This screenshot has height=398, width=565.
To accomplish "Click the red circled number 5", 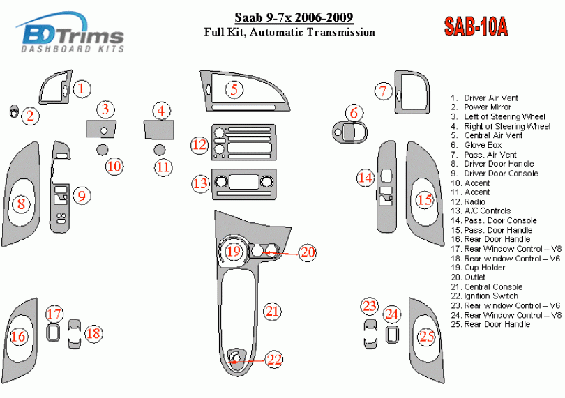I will (x=234, y=89).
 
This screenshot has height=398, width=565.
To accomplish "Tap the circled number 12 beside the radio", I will (x=200, y=145).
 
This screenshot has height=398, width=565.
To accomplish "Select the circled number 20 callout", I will (x=308, y=252).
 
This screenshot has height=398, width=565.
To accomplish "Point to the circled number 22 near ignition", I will (x=275, y=360).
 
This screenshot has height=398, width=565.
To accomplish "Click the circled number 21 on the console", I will (x=271, y=312).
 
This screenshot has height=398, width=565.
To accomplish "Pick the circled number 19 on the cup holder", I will (x=234, y=251).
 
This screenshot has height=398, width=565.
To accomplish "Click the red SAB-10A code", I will (x=476, y=26).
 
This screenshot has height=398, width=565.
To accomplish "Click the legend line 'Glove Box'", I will (x=483, y=145).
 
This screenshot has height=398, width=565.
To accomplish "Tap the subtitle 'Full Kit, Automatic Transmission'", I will (x=289, y=32).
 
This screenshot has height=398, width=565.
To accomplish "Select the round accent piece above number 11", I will (x=160, y=150).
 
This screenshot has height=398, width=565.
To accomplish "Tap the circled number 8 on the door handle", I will (x=22, y=204).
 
